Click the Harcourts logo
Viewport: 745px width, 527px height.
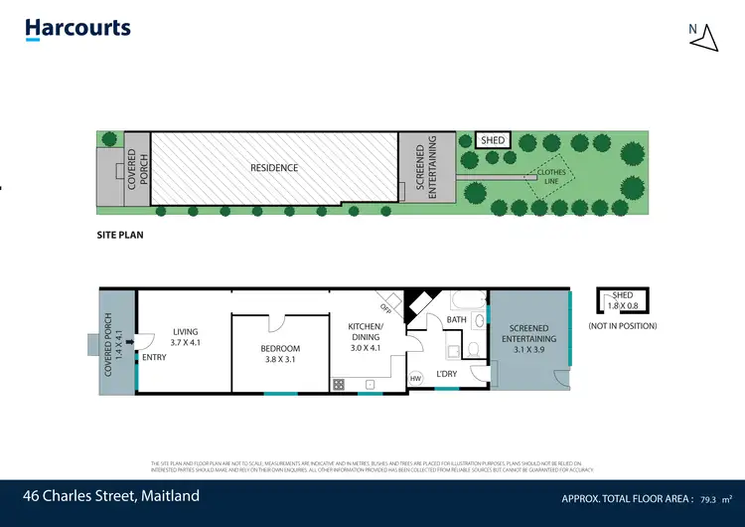(x=77, y=29)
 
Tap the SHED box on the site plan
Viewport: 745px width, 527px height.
(x=494, y=141)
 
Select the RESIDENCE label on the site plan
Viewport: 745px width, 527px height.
(x=274, y=168)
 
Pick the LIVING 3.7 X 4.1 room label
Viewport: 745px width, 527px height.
(x=185, y=337)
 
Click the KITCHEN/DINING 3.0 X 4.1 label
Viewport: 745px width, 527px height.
(x=366, y=337)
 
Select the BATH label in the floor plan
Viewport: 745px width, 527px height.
(x=456, y=320)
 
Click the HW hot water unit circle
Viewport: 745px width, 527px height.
(x=416, y=379)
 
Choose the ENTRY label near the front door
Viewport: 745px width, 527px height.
(x=154, y=357)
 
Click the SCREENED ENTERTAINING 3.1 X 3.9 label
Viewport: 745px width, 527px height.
(x=532, y=339)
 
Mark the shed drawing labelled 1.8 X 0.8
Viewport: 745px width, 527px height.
(x=622, y=300)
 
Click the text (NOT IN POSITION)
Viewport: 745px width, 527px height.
(x=622, y=326)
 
